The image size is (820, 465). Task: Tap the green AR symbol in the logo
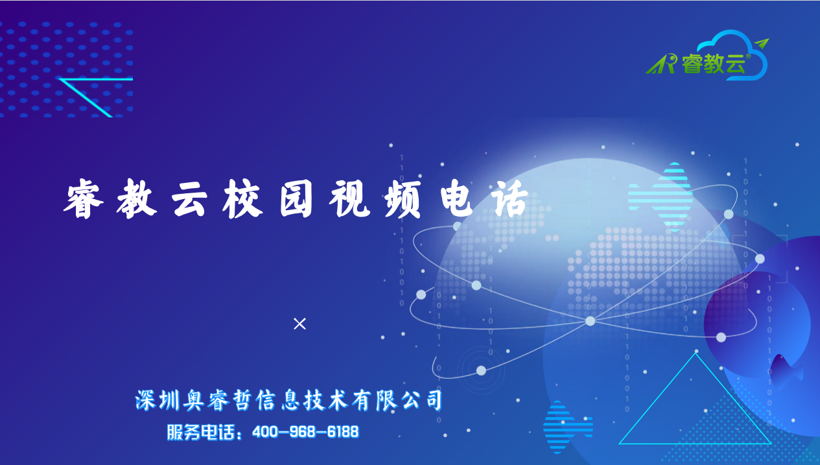(661, 65)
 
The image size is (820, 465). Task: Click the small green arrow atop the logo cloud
(762, 43)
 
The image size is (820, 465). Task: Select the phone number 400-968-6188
(305, 432)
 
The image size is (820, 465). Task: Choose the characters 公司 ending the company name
(422, 400)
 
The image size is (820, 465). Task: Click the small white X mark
(299, 324)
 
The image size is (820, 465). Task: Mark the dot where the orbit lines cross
(590, 321)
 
